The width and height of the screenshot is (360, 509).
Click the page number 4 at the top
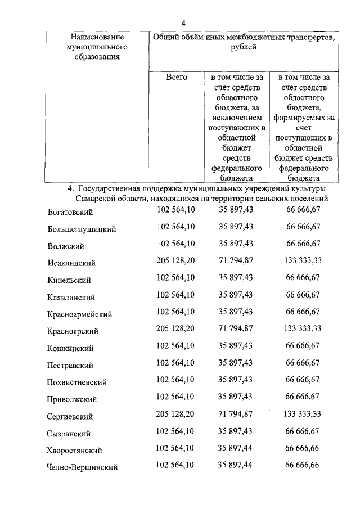pos(183,22)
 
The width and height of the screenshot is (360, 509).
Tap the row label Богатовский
pos(70,212)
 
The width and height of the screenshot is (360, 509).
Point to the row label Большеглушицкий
pos(82,229)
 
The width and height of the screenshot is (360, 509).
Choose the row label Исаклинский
pos(71,263)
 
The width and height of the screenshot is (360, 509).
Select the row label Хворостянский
pos(74,451)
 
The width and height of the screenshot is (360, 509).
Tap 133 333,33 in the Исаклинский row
pos(303,260)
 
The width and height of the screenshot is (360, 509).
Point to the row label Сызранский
pos(69,434)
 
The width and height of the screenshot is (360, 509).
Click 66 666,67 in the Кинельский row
pos(303,277)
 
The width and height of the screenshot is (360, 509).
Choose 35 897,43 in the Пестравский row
pos(236,362)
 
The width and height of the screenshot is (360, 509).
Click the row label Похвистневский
pos(77,382)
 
